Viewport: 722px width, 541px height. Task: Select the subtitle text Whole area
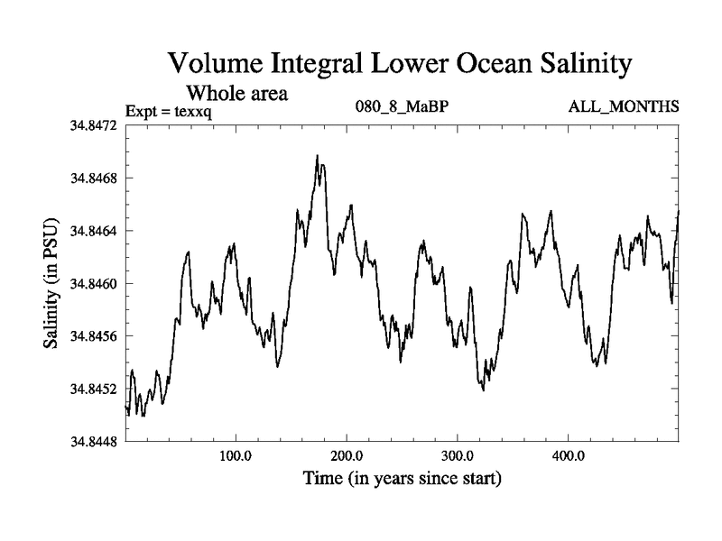236,92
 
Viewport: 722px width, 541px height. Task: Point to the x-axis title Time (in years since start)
402,478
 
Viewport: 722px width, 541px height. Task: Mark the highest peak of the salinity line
318,155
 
